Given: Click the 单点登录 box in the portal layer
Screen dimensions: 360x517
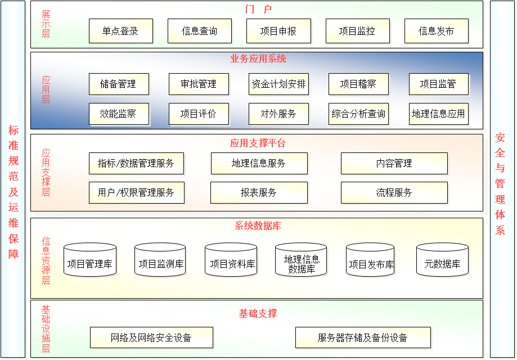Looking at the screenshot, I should tap(120, 31).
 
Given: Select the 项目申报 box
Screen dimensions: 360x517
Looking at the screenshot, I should tap(278, 31).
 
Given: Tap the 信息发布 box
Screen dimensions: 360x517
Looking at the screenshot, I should tap(436, 31).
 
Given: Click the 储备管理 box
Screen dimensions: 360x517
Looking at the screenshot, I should tap(119, 84).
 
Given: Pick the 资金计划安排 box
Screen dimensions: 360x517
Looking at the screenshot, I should tap(278, 84).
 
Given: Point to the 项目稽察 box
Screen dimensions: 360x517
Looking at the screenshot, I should tap(358, 84).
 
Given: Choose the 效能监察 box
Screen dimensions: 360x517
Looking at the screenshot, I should tap(119, 114).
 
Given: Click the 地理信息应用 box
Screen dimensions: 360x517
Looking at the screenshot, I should tap(438, 114).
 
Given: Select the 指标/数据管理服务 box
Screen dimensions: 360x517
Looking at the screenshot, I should tap(136, 163).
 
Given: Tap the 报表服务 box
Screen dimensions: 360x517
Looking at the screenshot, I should tap(259, 192).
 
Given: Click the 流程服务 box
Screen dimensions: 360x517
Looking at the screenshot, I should tap(394, 192).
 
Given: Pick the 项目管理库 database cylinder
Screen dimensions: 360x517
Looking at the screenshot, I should tap(90, 260).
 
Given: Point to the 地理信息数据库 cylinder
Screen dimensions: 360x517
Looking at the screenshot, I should tap(301, 260).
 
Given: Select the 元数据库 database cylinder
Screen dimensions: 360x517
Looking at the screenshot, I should tap(442, 260).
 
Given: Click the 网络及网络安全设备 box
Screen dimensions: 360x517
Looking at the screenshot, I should tap(151, 337).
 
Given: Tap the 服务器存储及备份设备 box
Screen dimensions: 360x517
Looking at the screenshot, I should tap(362, 337).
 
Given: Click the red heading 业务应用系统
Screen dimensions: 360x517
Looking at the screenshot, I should tap(258, 59).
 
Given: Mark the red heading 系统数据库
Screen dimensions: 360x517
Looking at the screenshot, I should tap(258, 226).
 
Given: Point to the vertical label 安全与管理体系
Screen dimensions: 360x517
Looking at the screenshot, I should tap(500, 183).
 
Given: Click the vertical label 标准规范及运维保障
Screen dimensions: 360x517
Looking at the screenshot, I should tap(14, 192).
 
